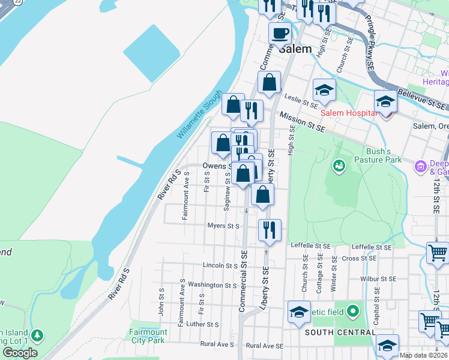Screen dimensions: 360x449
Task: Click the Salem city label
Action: (295, 49)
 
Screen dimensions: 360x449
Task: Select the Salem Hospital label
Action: (348, 112)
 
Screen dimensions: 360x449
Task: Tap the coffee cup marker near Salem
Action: (280, 34)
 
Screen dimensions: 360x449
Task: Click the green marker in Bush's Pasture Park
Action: (339, 164)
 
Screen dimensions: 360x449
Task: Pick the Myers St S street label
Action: (224, 226)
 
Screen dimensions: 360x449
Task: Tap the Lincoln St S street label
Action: (220, 265)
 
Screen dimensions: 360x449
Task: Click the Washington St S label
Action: (212, 285)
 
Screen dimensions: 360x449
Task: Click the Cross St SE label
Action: (358, 258)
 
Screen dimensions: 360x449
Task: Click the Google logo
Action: (20, 353)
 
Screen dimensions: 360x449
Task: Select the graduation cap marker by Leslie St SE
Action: (324, 91)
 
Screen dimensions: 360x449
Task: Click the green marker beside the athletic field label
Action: (353, 311)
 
